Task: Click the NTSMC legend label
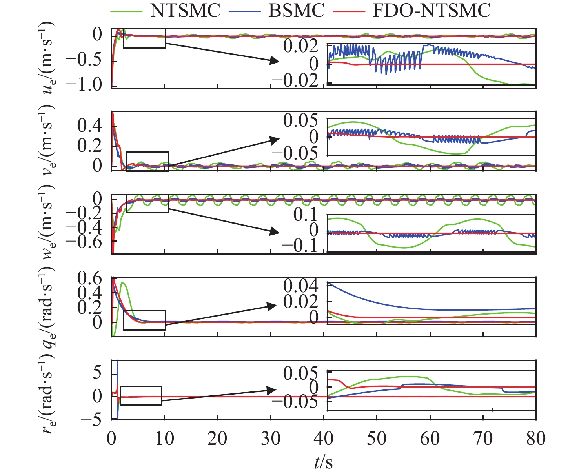(186, 11)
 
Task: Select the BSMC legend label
(297, 11)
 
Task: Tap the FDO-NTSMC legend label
(432, 11)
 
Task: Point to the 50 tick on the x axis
(377, 438)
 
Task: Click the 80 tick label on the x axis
(536, 438)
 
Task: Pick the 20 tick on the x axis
(217, 438)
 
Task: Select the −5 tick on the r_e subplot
(91, 420)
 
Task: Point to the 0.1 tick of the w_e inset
(308, 215)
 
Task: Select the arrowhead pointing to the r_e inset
(274, 390)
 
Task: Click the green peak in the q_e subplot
(123, 282)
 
